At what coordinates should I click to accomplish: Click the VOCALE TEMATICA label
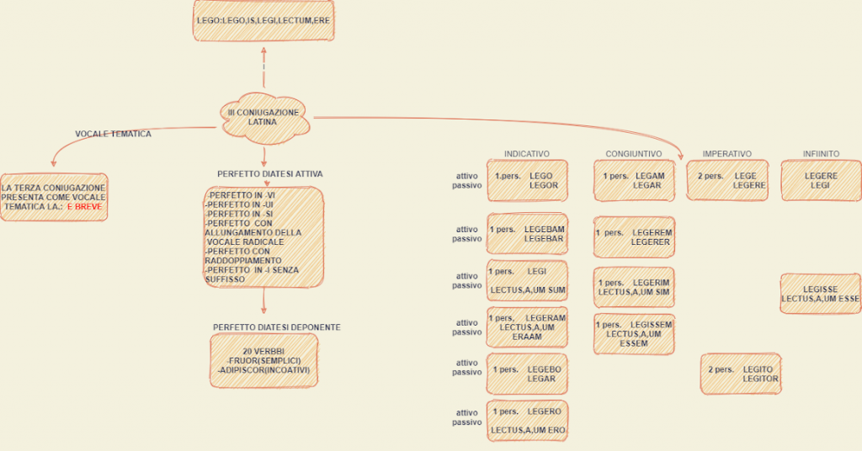coord(113,134)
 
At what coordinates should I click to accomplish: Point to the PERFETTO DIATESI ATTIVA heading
coord(269,174)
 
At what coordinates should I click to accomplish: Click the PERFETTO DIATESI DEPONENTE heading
coord(276,326)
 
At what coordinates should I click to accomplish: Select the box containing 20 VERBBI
coord(263,360)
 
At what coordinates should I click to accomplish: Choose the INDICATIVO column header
coord(527,154)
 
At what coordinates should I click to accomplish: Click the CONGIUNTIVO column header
coord(633,154)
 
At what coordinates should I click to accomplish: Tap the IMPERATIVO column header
coord(726,154)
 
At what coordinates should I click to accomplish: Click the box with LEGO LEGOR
coord(527,180)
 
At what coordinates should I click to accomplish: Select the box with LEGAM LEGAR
coord(634,180)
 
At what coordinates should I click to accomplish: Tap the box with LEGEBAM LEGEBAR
coord(527,233)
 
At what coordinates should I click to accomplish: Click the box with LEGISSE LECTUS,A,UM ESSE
coord(820,294)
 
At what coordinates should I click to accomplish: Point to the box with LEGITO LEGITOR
coord(740,374)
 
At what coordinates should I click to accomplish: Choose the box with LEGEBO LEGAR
coord(527,374)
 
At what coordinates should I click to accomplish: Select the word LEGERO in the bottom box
coord(544,411)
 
